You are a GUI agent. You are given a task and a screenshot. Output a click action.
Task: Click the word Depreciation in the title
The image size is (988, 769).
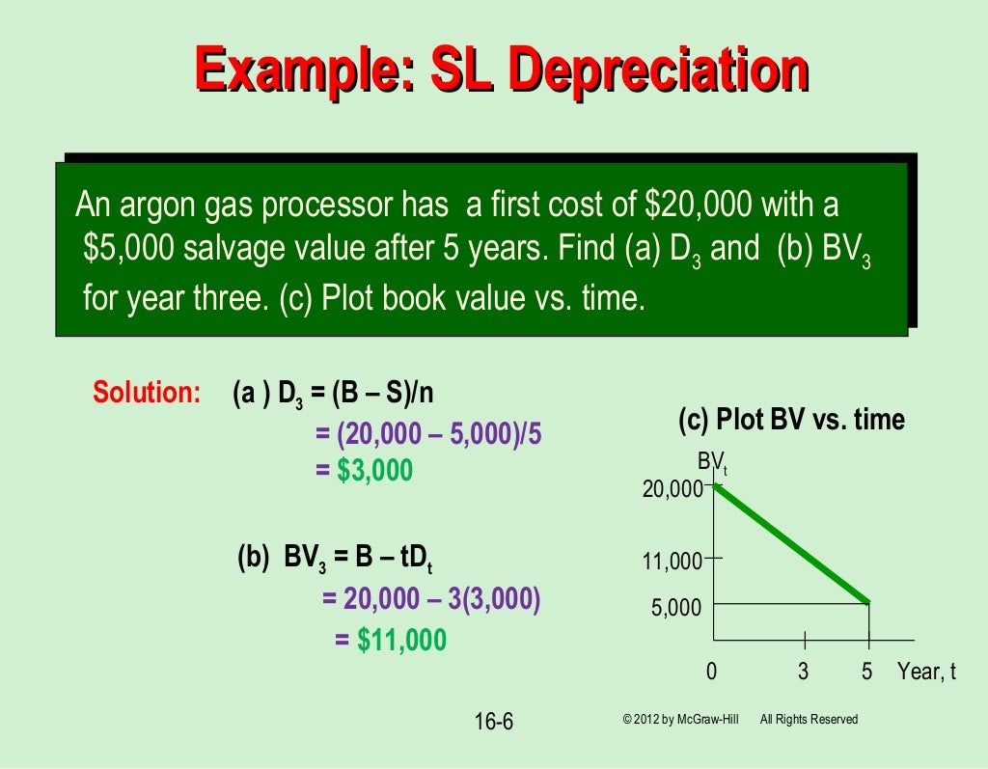point(658,72)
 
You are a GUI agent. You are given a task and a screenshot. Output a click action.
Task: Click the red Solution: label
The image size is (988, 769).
point(146,393)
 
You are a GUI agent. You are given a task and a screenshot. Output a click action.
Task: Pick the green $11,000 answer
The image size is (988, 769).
point(401,640)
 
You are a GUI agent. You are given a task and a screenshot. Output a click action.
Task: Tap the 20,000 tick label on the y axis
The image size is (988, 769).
point(672,490)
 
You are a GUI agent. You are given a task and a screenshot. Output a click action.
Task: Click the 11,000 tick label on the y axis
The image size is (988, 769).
point(672,561)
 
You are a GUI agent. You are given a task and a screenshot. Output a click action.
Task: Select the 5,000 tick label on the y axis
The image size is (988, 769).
point(676,609)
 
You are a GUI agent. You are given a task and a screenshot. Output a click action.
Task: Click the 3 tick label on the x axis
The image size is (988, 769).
point(803,672)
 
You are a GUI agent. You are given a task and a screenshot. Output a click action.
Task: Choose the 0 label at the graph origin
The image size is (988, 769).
point(712,672)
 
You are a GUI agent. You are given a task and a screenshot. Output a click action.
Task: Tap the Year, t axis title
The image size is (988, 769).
point(926,672)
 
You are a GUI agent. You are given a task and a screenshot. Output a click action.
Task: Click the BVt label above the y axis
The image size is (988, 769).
point(713,464)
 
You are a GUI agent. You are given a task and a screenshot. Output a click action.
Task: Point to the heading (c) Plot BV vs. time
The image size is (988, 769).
point(791,421)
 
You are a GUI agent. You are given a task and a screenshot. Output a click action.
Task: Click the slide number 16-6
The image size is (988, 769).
point(494,721)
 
